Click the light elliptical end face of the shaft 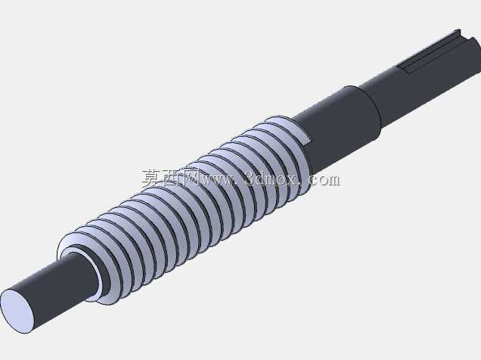coord(17,311)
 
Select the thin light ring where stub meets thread coord(95,270)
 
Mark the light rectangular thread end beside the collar coord(305,135)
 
